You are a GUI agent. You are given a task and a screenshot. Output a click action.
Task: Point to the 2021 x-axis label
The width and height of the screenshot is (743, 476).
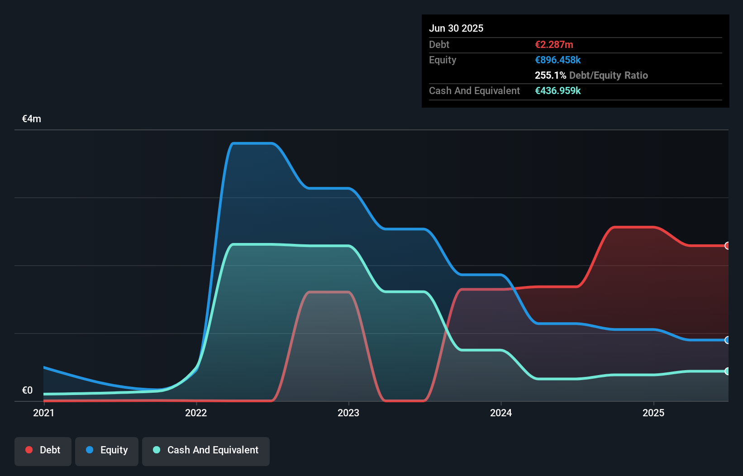click(43, 413)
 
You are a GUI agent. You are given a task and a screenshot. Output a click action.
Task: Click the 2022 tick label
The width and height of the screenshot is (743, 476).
click(196, 413)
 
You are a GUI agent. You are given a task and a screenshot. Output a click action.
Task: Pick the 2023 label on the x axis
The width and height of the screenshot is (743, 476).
click(348, 413)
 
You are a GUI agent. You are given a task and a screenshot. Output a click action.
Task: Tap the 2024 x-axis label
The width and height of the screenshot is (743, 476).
click(501, 413)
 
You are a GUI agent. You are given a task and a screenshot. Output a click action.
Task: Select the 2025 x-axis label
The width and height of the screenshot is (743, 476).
click(653, 413)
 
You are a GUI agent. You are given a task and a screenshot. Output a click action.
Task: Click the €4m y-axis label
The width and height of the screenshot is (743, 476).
click(32, 119)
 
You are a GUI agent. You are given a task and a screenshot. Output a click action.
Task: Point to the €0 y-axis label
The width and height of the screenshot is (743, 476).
click(27, 390)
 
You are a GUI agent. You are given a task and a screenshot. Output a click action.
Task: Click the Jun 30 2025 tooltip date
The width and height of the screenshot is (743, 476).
click(456, 28)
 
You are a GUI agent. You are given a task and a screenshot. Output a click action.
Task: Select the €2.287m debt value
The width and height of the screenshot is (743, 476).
click(554, 44)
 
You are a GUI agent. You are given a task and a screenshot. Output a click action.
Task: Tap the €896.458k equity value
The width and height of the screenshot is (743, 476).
click(557, 60)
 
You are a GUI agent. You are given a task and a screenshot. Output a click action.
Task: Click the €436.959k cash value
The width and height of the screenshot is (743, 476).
click(557, 90)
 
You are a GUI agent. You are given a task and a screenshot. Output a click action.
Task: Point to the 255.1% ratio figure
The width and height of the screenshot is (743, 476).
click(550, 75)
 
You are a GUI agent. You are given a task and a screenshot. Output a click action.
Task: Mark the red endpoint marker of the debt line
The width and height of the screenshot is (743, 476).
click(727, 246)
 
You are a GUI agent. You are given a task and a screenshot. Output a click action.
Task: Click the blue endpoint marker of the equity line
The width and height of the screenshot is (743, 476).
click(727, 340)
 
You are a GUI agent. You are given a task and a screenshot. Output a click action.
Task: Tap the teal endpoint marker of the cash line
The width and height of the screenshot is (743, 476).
click(727, 371)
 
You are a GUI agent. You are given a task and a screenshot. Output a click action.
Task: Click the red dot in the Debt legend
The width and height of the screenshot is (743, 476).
click(29, 450)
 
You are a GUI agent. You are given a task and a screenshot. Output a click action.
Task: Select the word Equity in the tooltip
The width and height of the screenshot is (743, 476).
click(443, 60)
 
